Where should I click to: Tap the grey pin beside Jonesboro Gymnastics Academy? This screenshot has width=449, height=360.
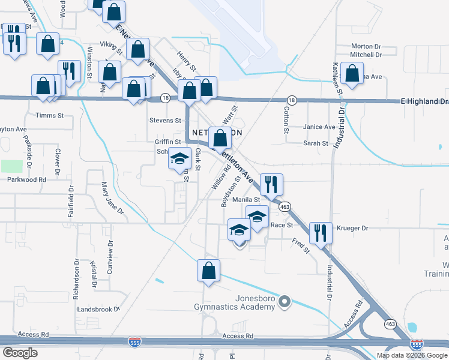tap(286, 302)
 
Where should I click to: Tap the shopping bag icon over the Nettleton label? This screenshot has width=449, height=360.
tap(220, 138)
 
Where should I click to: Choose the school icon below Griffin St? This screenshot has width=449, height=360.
tap(179, 158)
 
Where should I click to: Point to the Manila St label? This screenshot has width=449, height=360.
tap(254, 200)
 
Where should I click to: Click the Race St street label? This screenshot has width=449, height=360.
tap(281, 225)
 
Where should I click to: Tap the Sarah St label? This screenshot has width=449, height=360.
tap(316, 143)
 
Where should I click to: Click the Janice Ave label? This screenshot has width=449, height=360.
tap(319, 127)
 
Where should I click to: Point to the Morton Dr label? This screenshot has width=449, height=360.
tap(366, 46)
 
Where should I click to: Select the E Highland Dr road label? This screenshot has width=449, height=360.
tap(424, 102)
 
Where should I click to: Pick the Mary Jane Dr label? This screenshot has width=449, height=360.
tap(112, 199)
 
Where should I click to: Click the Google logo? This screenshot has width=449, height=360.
tap(20, 353)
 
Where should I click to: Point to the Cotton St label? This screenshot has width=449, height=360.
tap(286, 120)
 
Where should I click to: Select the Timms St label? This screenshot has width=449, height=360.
tap(46, 115)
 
